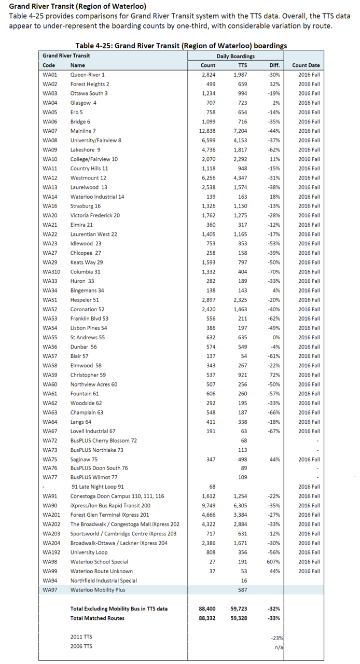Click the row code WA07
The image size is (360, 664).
50,131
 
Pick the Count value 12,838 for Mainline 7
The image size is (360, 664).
207,131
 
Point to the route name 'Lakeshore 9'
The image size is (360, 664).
85,149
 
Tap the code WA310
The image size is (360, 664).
51,272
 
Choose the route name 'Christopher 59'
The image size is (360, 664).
88,375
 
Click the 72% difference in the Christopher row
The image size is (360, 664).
274,375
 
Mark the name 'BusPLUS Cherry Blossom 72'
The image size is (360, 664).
104,440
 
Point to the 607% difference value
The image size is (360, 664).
273,562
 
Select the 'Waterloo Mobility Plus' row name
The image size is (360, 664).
98,590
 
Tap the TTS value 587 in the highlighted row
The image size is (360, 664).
242,590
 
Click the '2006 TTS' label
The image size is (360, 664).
82,647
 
